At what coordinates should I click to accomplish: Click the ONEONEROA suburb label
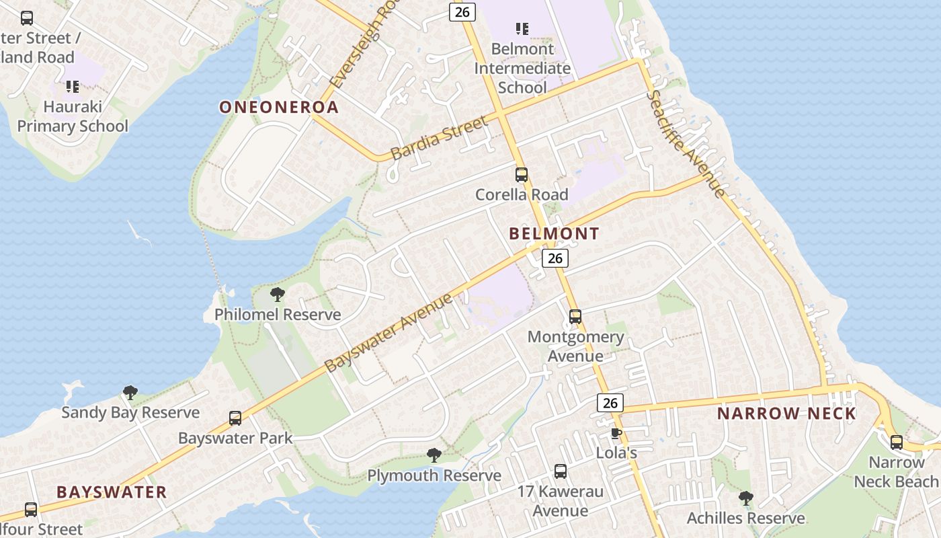(278, 107)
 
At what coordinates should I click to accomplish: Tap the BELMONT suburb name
(554, 233)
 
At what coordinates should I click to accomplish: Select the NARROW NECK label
(786, 413)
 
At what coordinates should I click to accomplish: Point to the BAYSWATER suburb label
(112, 492)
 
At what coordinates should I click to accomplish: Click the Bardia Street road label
(438, 138)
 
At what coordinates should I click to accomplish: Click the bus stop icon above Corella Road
(522, 175)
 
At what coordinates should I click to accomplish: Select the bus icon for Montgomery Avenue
(575, 317)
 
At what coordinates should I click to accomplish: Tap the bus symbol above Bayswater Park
(235, 418)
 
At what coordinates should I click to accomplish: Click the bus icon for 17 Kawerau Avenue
(561, 471)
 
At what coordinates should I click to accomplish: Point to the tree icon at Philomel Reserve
(277, 295)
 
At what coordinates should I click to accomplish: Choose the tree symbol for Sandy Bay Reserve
(130, 393)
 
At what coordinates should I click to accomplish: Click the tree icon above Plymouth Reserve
(434, 455)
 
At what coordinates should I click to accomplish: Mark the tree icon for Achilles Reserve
(745, 498)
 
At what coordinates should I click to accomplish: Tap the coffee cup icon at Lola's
(616, 433)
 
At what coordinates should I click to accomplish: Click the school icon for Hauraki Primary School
(73, 87)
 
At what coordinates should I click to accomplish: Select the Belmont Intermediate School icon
(522, 29)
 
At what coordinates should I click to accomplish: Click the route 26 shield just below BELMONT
(555, 258)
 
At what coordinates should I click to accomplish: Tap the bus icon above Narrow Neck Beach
(897, 443)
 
